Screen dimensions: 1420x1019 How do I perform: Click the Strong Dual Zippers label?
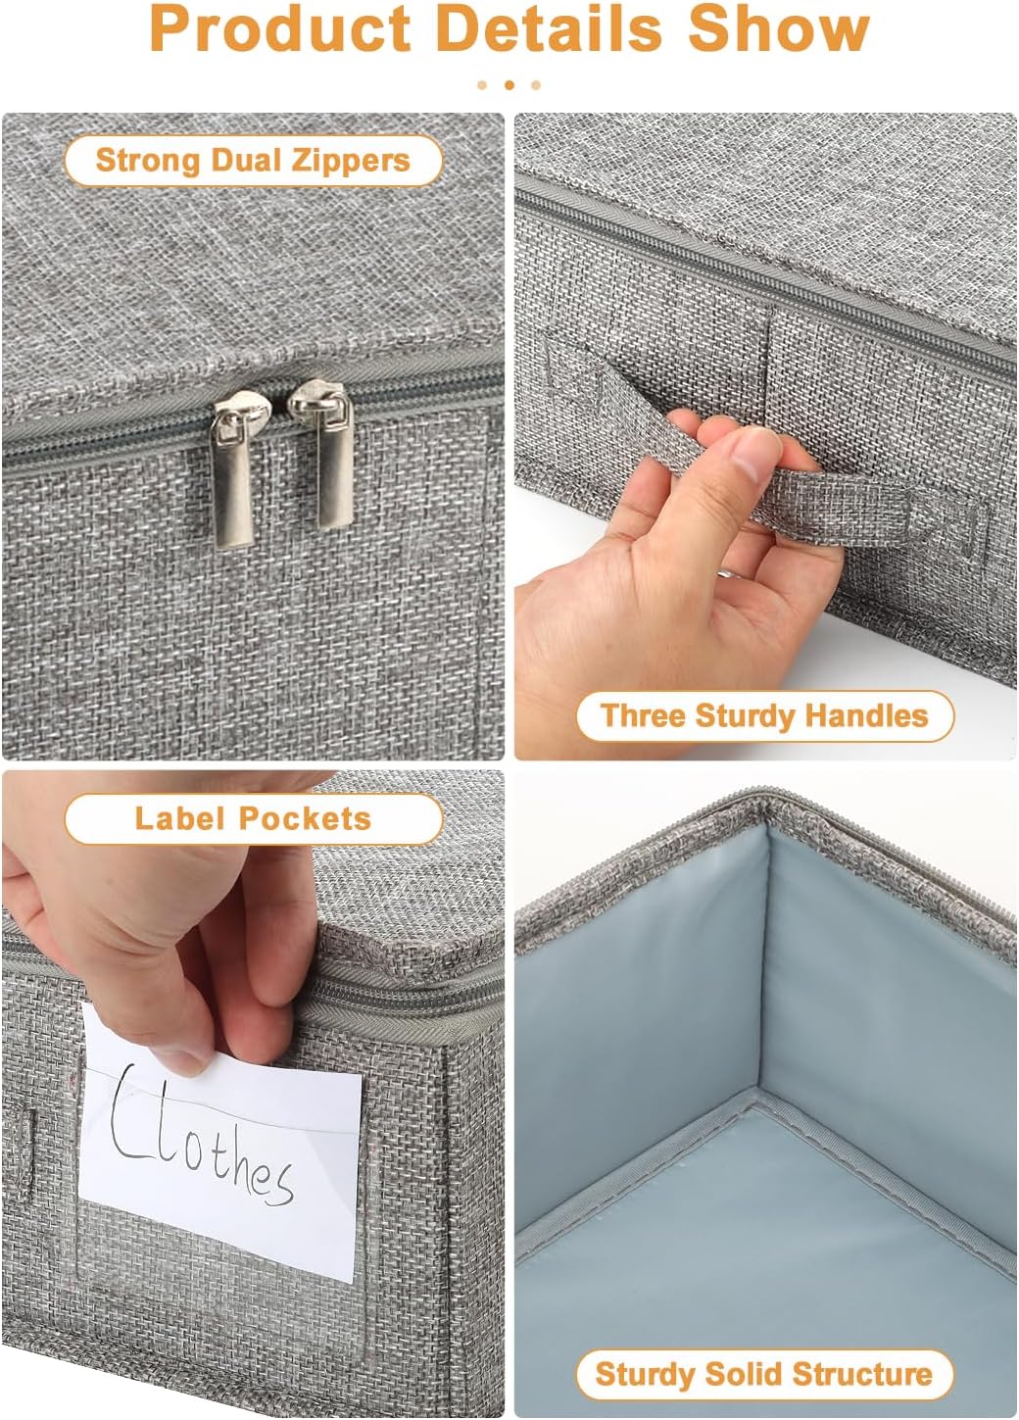(253, 161)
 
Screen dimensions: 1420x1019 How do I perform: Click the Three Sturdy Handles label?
(764, 715)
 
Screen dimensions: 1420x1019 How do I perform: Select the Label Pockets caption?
(253, 818)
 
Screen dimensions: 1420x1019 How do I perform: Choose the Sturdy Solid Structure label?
(764, 1374)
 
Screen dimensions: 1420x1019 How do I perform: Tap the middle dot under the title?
(509, 85)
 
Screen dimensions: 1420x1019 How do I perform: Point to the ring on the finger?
(726, 575)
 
